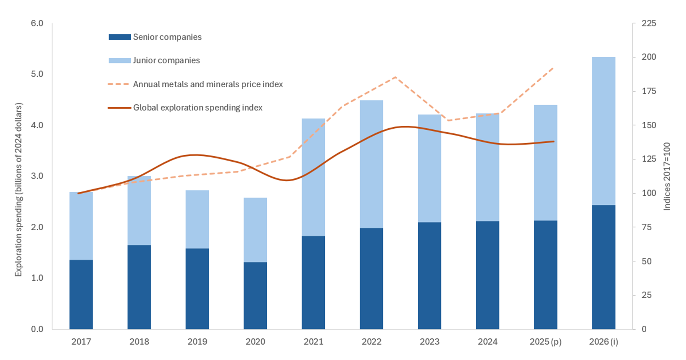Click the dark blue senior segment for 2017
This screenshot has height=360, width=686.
[x=81, y=294]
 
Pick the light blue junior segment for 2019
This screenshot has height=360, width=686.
[x=197, y=219]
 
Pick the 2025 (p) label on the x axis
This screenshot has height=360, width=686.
[x=545, y=342]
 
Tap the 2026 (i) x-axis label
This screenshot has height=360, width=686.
[x=603, y=342]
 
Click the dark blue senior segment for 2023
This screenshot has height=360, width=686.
[x=429, y=276]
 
